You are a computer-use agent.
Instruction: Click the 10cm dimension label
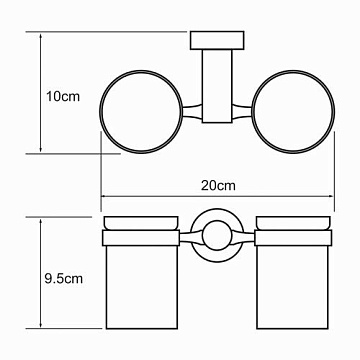pyautogui.click(x=63, y=97)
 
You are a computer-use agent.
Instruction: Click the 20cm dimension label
pyautogui.click(x=218, y=186)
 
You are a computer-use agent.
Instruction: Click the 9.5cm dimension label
pyautogui.click(x=64, y=278)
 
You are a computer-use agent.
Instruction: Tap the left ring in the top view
pyautogui.click(x=100, y=112)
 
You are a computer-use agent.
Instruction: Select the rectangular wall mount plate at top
pyautogui.click(x=217, y=40)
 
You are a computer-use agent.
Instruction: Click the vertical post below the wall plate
pyautogui.click(x=217, y=86)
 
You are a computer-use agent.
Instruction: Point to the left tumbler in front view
pyautogui.click(x=141, y=287)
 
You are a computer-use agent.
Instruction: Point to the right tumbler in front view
pyautogui.click(x=292, y=287)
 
